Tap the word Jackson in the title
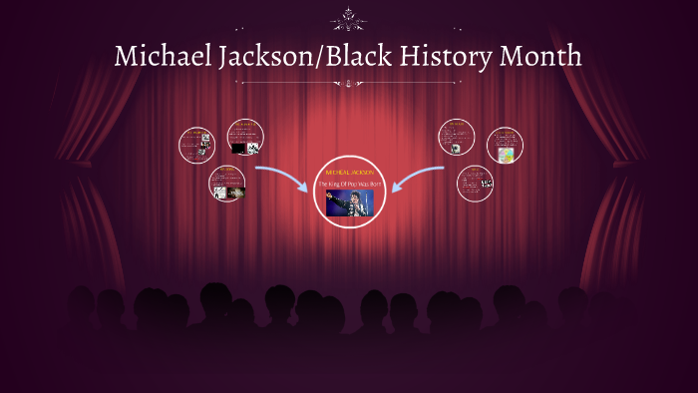[x=263, y=57]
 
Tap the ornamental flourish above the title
[x=348, y=17]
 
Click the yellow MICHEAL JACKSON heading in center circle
[x=349, y=173]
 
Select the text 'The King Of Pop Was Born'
[x=349, y=185]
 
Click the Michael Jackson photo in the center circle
[x=349, y=202]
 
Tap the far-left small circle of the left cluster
[x=196, y=145]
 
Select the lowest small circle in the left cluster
[x=227, y=184]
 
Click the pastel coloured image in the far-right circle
[x=506, y=155]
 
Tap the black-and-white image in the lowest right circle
[x=486, y=184]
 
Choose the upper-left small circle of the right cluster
[x=456, y=137]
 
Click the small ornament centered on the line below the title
[x=348, y=84]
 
